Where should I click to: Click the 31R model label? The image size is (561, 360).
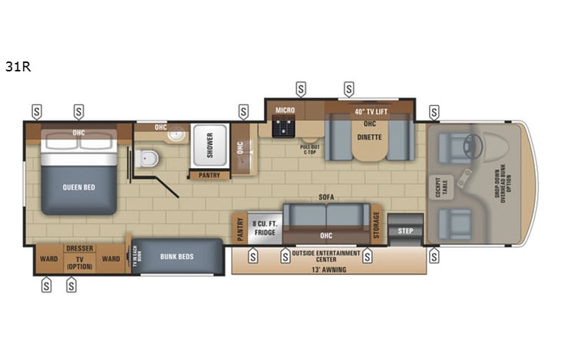[18, 67]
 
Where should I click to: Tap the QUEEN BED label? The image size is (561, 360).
[79, 187]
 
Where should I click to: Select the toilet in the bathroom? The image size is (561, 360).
[147, 159]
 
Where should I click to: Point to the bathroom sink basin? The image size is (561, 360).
[177, 134]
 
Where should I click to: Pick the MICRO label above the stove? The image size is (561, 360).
[285, 111]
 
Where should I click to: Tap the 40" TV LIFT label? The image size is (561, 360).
[369, 111]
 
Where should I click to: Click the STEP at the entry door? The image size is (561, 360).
[404, 229]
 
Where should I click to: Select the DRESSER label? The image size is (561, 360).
[79, 248]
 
